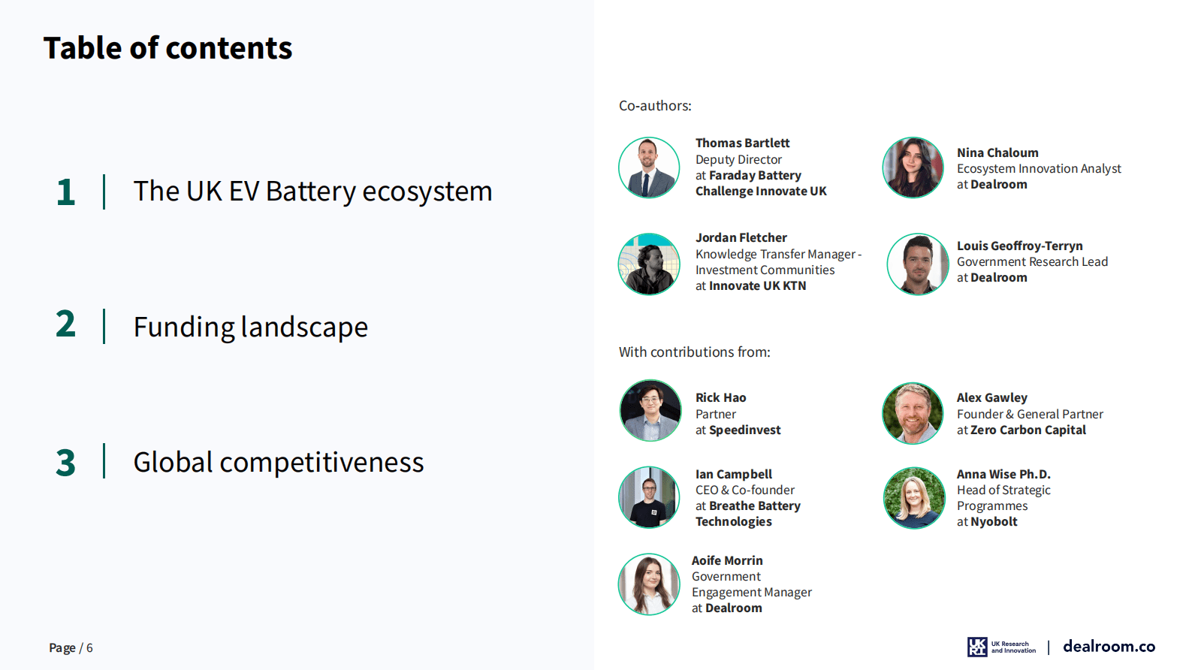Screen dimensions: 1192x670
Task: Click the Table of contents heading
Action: pos(167,48)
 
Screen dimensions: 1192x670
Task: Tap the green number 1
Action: pos(65,192)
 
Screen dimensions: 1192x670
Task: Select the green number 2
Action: pos(65,324)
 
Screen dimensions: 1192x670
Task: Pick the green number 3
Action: pos(65,462)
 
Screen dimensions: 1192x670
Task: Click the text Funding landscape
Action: pos(251,327)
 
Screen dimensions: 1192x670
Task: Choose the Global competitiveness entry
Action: pos(279,462)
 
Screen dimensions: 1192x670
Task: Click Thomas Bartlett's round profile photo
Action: pos(649,167)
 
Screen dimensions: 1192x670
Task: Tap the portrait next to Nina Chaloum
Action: pos(913,167)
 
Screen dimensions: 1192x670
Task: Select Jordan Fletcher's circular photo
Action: pos(649,264)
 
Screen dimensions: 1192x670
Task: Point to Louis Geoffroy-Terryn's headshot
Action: pos(917,264)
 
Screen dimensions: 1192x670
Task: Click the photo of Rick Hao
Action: pos(650,410)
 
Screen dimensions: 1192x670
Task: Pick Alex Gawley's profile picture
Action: pos(913,414)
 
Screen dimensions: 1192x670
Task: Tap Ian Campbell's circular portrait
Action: pos(649,497)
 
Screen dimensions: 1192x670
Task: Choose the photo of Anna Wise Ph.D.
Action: pos(914,498)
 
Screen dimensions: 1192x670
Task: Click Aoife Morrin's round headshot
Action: pos(649,584)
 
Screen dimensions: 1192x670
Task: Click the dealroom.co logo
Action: pos(1109,647)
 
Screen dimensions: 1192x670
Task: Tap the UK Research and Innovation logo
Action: pos(1001,647)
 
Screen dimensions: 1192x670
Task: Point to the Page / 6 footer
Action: pos(71,647)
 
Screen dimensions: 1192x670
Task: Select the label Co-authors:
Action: pos(655,106)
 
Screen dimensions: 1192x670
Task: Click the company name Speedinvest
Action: pos(744,430)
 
